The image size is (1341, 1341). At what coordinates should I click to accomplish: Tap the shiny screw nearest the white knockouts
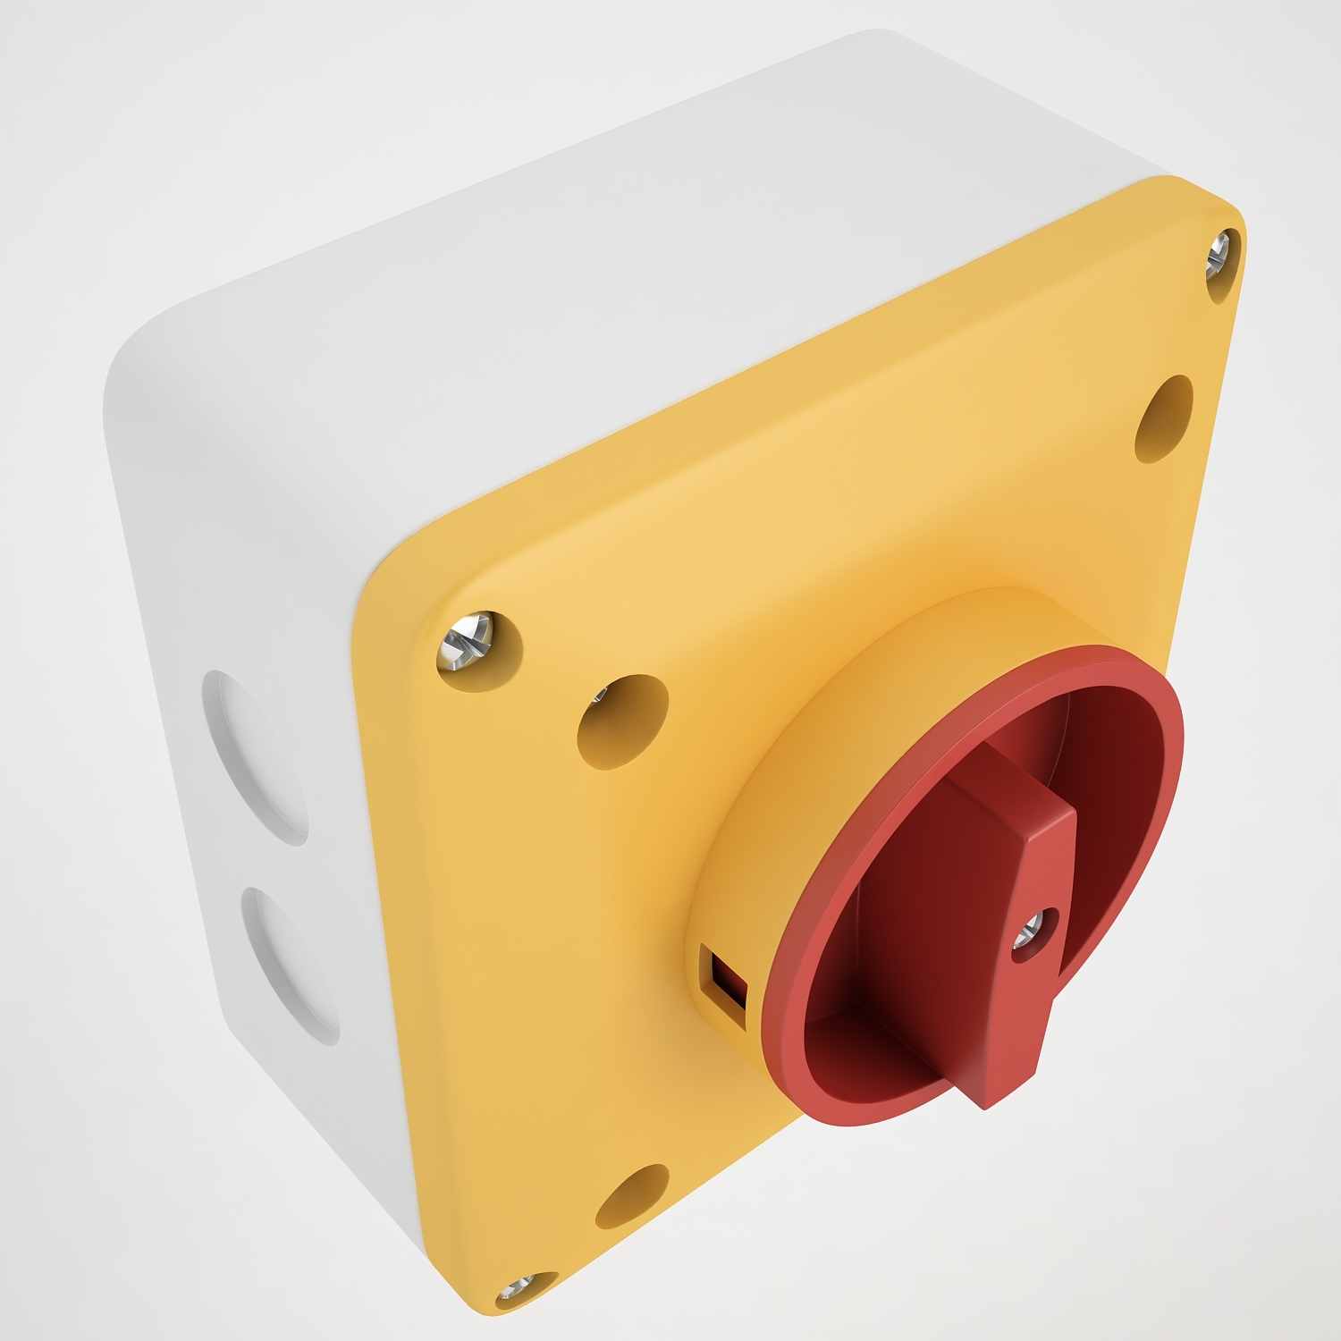pos(468,641)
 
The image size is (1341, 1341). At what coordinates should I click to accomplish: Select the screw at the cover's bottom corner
pos(521,1287)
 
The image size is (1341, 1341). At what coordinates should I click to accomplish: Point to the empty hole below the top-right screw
pos(1164,418)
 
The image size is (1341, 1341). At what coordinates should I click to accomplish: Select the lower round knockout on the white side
pos(291,966)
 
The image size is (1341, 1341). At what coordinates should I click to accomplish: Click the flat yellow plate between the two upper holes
pos(894,536)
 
